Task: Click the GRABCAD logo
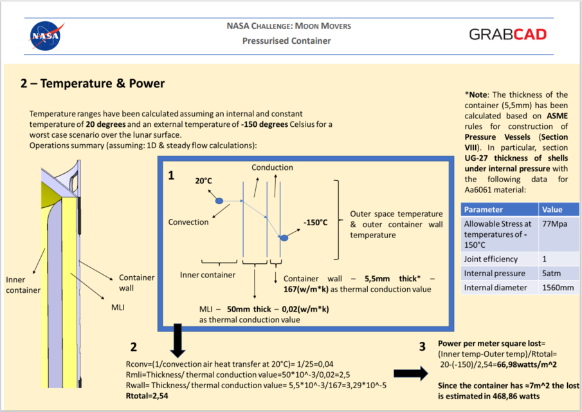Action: pyautogui.click(x=507, y=34)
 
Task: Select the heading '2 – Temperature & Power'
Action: pyautogui.click(x=93, y=84)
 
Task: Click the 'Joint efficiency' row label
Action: pyautogui.click(x=491, y=259)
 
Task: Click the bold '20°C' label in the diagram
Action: pyautogui.click(x=203, y=181)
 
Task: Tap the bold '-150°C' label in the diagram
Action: pyautogui.click(x=316, y=223)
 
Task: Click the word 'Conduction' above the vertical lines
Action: pyautogui.click(x=272, y=167)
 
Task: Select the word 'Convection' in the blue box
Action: pyautogui.click(x=188, y=222)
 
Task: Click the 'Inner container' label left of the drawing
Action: pyautogui.click(x=19, y=285)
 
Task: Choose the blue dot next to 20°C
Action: pyautogui.click(x=219, y=201)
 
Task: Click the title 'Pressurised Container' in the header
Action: pyautogui.click(x=287, y=41)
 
